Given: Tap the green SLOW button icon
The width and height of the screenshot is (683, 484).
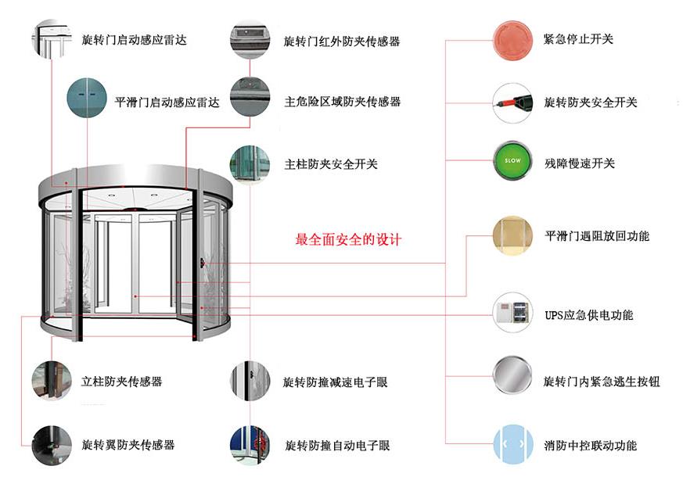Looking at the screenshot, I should point(512,162).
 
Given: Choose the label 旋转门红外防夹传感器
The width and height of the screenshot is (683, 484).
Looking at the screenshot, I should point(342,41).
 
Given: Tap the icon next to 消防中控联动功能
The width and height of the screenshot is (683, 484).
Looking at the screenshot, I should point(512,444).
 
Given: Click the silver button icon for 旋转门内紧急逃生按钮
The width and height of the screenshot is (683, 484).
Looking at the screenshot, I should point(512,380).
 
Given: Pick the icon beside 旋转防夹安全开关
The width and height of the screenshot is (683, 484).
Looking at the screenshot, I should point(512,102).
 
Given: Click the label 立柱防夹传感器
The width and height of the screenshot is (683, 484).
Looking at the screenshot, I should point(122,382).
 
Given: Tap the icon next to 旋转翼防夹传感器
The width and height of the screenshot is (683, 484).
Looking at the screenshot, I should point(52,444).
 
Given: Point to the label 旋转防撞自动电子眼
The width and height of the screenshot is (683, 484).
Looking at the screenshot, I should point(337,446).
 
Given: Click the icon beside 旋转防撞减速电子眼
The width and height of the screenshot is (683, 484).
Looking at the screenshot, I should point(250,382).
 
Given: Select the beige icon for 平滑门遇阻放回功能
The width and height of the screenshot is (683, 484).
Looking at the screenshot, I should point(512,235).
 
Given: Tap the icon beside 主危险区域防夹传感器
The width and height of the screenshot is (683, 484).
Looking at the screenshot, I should point(250,99).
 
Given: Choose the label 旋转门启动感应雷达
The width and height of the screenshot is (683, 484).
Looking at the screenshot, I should point(135,39).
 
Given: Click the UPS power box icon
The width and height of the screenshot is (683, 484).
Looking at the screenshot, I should point(512,314).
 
